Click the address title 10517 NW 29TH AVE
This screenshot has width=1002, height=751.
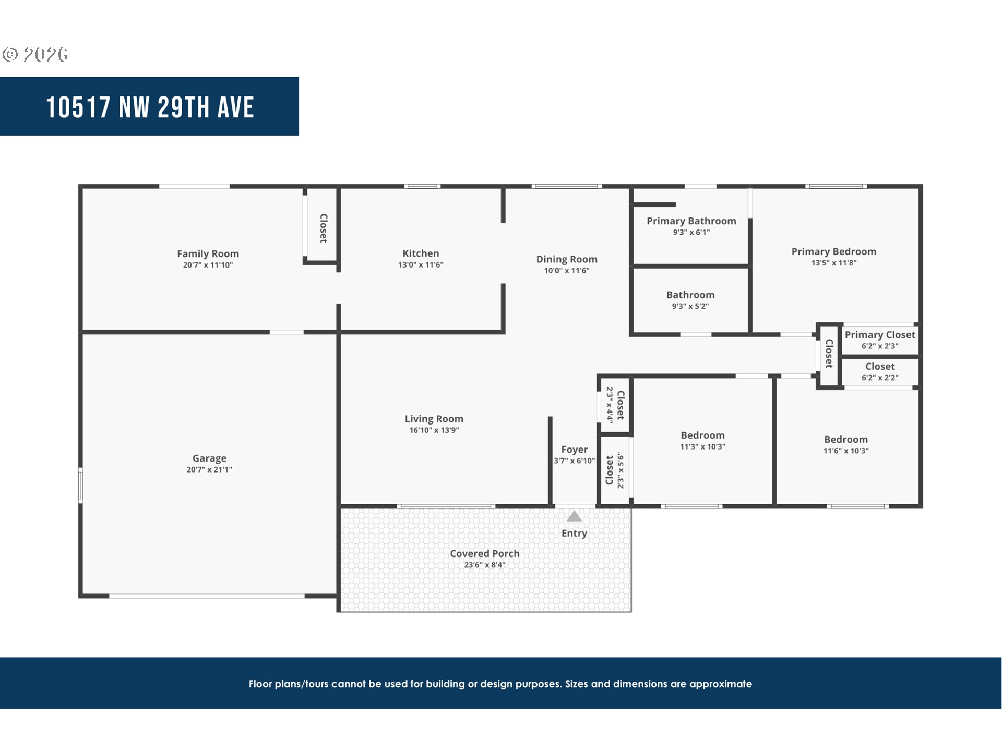click(x=150, y=107)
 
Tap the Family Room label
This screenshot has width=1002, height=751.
click(x=208, y=253)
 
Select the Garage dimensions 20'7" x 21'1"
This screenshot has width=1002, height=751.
click(x=209, y=469)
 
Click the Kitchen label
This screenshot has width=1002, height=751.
click(x=421, y=253)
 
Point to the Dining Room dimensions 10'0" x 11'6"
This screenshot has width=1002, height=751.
click(x=567, y=270)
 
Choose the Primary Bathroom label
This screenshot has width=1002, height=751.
click(x=691, y=221)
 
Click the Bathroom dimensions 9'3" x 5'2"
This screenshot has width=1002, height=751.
click(x=690, y=306)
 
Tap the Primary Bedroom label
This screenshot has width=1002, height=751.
click(x=834, y=251)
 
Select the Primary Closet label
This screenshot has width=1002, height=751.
click(x=880, y=335)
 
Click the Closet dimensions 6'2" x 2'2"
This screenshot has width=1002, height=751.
click(x=880, y=378)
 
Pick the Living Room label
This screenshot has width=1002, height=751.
click(x=434, y=419)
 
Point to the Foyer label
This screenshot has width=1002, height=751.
click(x=575, y=450)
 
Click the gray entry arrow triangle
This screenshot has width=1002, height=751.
click(x=574, y=516)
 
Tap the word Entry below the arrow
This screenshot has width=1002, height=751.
click(x=574, y=533)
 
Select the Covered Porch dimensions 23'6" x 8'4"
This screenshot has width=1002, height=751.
click(x=485, y=565)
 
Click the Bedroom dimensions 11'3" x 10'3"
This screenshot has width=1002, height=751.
click(x=702, y=446)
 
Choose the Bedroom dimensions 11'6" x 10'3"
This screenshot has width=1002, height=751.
click(x=846, y=451)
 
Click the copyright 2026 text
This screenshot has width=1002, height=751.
click(x=35, y=54)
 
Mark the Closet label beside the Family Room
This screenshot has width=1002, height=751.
click(x=324, y=228)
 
